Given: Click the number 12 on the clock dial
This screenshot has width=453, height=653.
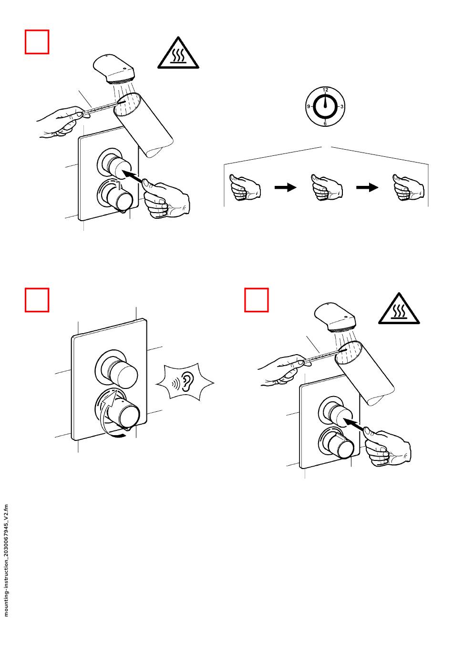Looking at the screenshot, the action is click(x=325, y=90).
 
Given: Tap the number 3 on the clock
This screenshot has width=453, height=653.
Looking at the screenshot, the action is click(x=342, y=107).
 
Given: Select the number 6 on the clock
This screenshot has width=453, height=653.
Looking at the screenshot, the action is click(x=325, y=123).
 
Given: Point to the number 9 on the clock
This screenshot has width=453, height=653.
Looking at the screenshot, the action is click(x=309, y=106).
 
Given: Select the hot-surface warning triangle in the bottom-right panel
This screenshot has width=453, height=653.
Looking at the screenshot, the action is click(x=399, y=308).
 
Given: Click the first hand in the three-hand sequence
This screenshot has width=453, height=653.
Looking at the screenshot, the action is click(x=245, y=187).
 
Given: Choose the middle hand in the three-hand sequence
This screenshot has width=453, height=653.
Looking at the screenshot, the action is click(x=327, y=187).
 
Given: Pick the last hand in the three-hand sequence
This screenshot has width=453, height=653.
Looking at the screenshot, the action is click(x=408, y=187).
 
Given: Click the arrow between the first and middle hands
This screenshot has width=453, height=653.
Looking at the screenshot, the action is click(x=285, y=187).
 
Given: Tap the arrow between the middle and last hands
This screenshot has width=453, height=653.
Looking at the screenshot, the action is click(x=367, y=187).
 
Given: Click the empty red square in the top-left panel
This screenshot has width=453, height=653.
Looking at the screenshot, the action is click(x=37, y=41).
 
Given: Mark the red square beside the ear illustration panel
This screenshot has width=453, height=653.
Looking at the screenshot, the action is click(x=37, y=300).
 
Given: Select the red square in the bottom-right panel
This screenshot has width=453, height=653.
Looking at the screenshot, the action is click(x=256, y=300).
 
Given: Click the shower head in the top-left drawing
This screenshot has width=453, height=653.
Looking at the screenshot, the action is click(x=114, y=69).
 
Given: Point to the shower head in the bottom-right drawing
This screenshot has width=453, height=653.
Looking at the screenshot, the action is click(x=335, y=317).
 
